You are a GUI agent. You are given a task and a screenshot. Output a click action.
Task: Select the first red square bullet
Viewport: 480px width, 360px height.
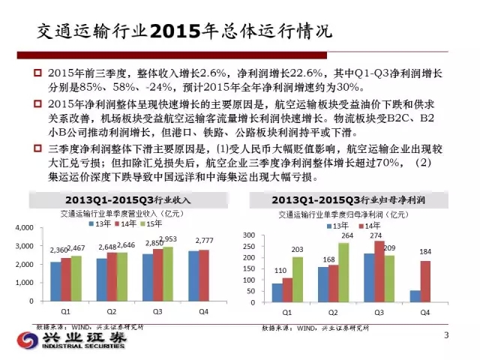(x=36, y=72)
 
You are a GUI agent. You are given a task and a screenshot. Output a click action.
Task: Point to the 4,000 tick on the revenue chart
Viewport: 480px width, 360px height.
(x=25, y=227)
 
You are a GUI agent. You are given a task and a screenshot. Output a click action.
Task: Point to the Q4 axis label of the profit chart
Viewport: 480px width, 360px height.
(x=424, y=310)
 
